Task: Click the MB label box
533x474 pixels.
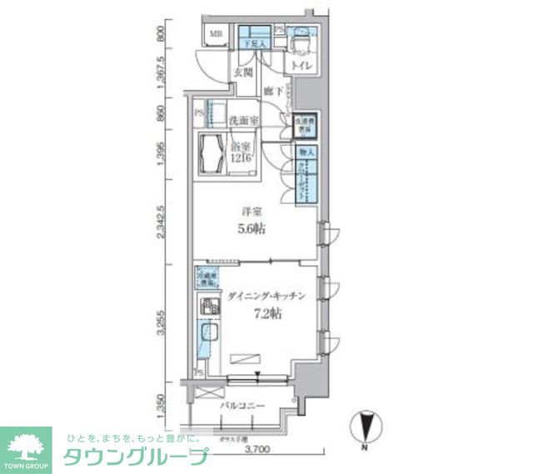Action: pos(215,34)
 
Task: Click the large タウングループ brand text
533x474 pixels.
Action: pos(136,457)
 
